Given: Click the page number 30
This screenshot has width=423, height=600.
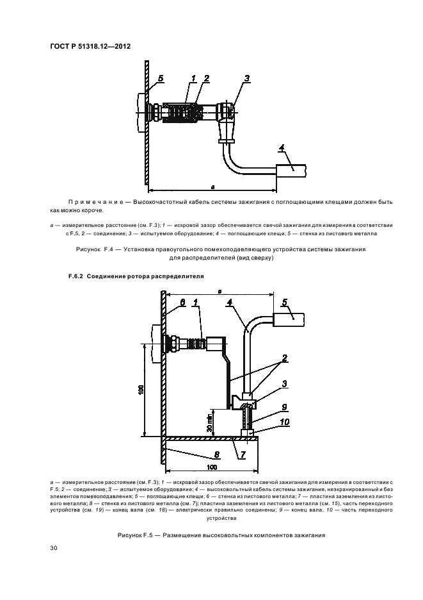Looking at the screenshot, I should (x=53, y=548).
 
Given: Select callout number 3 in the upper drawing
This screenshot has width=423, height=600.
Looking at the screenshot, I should (x=246, y=78).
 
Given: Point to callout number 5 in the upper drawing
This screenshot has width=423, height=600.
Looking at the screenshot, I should (x=160, y=78).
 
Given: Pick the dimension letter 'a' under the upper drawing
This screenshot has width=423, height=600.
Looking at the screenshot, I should (x=212, y=186).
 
